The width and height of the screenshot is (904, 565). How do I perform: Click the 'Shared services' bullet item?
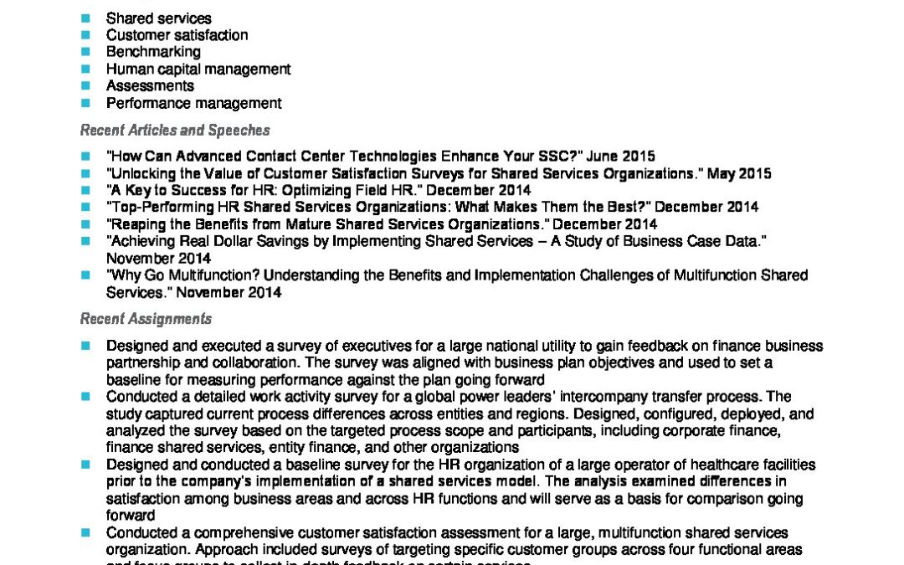point(158,18)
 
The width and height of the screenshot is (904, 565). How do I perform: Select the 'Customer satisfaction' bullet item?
point(177,35)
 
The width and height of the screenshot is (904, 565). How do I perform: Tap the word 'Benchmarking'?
point(153,52)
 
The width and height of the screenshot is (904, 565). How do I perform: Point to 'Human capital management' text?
point(198,69)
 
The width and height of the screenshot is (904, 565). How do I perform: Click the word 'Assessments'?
point(150,85)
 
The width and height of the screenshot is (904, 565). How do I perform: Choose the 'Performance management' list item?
point(193,103)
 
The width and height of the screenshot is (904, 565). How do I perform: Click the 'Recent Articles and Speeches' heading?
point(175,130)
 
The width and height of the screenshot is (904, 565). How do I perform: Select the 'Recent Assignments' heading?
point(146,319)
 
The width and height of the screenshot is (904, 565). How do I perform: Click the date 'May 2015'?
point(739,173)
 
